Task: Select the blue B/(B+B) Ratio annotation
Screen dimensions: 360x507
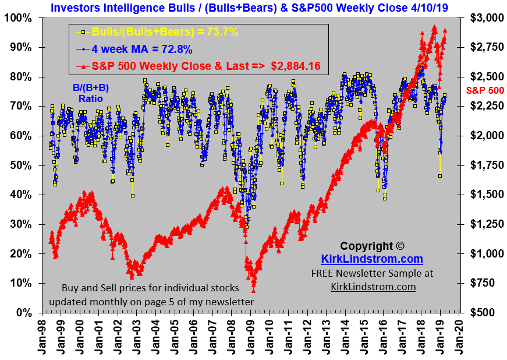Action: [x=88, y=93]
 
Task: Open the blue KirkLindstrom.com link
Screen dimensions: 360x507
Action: [x=372, y=259]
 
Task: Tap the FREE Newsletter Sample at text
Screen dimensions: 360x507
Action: [x=372, y=273]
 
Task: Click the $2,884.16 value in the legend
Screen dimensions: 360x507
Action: [x=296, y=66]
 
